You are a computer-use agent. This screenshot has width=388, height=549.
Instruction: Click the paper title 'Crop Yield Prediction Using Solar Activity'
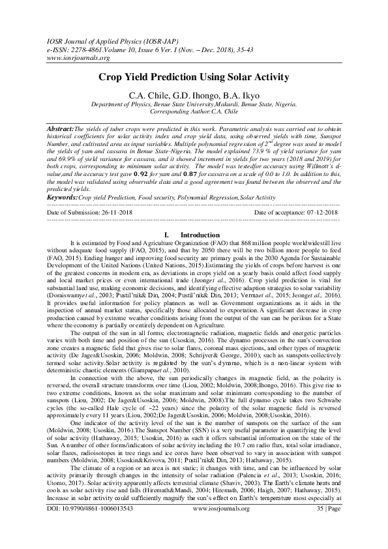(194, 77)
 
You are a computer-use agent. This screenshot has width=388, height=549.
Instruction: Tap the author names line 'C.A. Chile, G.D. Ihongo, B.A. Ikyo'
(194, 95)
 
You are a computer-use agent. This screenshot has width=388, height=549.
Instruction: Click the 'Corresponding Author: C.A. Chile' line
(194, 112)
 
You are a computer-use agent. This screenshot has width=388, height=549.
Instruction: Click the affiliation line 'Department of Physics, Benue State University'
(194, 104)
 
